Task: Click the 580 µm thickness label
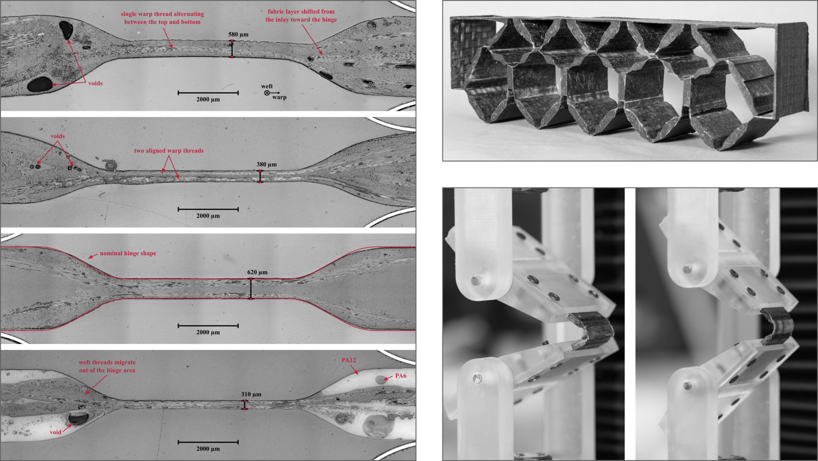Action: pos(238,34)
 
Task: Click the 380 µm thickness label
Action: pos(266,164)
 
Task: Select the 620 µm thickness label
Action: pos(257,272)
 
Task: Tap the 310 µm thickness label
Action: pos(251,395)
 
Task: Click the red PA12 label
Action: pos(349,360)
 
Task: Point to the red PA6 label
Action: pos(400,376)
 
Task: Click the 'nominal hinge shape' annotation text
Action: pos(128,253)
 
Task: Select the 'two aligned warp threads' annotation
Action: pos(169,151)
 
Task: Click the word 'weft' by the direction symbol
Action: pos(267,86)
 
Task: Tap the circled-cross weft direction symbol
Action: pos(267,93)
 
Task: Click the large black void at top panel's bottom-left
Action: pos(39,84)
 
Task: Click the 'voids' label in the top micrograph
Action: pos(95,83)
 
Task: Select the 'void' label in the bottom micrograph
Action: pos(55,432)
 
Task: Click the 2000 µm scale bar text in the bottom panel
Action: pos(208,449)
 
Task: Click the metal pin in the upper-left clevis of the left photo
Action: pos(475,281)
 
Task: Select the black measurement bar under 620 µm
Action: pos(251,289)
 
